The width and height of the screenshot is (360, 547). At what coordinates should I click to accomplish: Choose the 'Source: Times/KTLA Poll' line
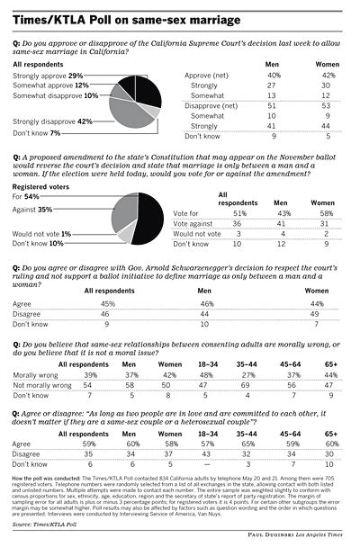[41, 522]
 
